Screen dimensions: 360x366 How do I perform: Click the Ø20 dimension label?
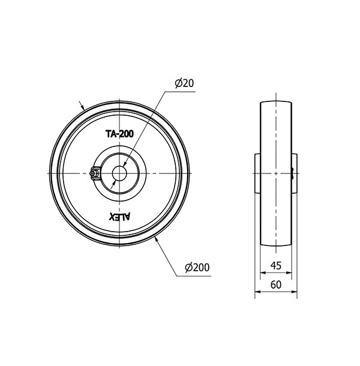184,83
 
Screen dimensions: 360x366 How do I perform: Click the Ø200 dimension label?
197,267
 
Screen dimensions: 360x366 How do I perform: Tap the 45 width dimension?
276,266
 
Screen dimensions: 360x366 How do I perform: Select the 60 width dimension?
276,285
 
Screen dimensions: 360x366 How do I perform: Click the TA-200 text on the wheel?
119,134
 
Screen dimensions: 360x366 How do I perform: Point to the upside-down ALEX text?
119,217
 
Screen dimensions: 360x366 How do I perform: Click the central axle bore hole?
119,173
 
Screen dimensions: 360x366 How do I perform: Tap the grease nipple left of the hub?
95,173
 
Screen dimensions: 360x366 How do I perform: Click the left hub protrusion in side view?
257,173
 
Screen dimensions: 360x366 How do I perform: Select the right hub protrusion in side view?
294,173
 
